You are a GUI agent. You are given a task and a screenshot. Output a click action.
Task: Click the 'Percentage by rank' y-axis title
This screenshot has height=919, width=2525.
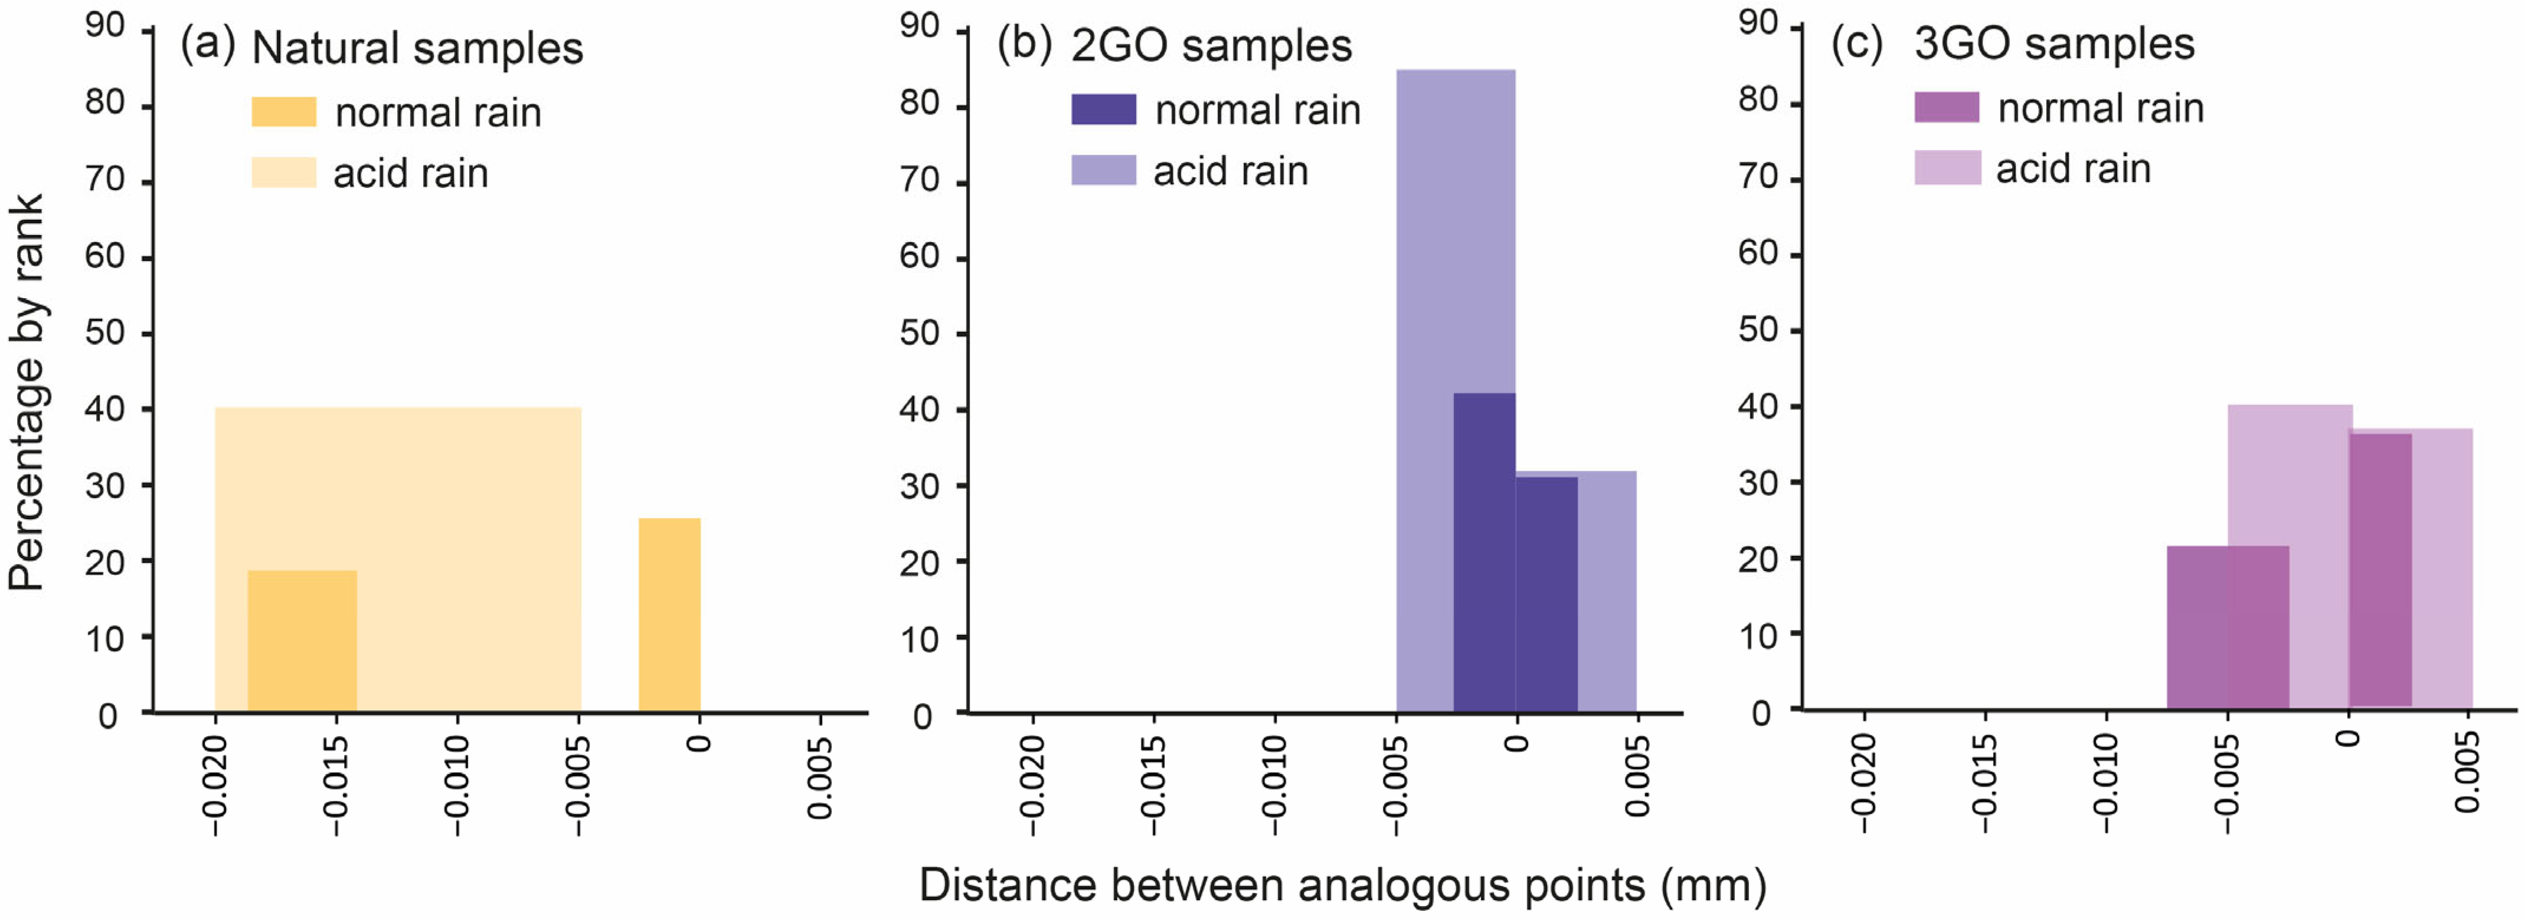pyautogui.click(x=27, y=392)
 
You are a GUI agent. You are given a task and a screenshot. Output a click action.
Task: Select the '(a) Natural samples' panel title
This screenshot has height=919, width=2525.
pyautogui.click(x=382, y=47)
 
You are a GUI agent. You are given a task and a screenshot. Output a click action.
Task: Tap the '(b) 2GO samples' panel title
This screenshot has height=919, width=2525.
pyautogui.click(x=1175, y=45)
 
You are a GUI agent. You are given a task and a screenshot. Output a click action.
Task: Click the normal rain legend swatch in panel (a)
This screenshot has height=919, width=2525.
pyautogui.click(x=283, y=112)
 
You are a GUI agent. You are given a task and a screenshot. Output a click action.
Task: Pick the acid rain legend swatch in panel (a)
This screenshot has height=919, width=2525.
pyautogui.click(x=283, y=172)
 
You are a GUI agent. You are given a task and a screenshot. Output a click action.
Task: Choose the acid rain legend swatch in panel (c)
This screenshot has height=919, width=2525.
pyautogui.click(x=1947, y=168)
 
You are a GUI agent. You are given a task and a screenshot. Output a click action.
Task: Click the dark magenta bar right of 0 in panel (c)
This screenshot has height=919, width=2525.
pyautogui.click(x=2380, y=569)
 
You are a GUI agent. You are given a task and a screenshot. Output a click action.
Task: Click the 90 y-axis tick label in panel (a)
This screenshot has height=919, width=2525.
pyautogui.click(x=105, y=25)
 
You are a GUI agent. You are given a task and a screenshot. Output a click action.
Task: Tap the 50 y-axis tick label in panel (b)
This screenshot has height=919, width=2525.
pyautogui.click(x=920, y=334)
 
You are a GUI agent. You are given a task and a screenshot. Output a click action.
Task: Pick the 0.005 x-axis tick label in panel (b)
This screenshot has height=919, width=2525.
pyautogui.click(x=1637, y=776)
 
